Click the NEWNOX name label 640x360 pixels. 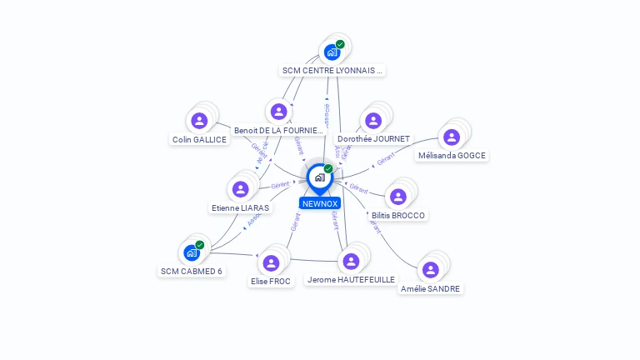[x=319, y=203]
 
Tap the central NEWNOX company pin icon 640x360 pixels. [x=319, y=177]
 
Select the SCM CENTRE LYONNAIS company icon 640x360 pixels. [x=332, y=52]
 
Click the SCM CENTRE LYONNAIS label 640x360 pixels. [x=332, y=71]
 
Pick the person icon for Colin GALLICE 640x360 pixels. [x=199, y=121]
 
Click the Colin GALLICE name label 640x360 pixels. [x=199, y=139]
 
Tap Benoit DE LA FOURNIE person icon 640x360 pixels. [x=278, y=112]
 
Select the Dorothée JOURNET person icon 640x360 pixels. [x=373, y=120]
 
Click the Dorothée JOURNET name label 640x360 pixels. [x=373, y=138]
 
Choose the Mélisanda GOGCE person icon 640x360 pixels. [x=452, y=137]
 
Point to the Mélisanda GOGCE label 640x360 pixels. [x=452, y=155]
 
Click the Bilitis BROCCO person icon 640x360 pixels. [x=398, y=197]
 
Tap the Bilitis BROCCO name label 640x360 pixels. [x=398, y=215]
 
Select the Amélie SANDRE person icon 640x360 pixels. [x=430, y=270]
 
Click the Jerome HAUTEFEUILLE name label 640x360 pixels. [x=351, y=280]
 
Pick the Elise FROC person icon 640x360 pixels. [x=271, y=263]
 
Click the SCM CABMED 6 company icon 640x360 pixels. [x=192, y=252]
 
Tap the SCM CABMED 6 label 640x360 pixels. [x=192, y=271]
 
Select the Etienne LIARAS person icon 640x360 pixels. [x=240, y=189]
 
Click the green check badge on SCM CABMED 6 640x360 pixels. [x=200, y=245]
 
